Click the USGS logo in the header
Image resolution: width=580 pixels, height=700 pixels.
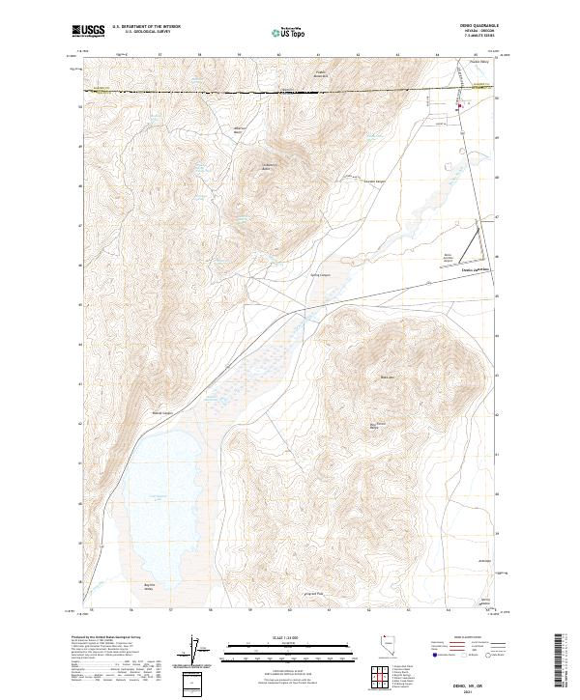88,31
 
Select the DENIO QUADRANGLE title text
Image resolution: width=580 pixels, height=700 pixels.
476,27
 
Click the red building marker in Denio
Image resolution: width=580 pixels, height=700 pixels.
460,106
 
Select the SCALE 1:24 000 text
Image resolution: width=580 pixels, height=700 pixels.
285,638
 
